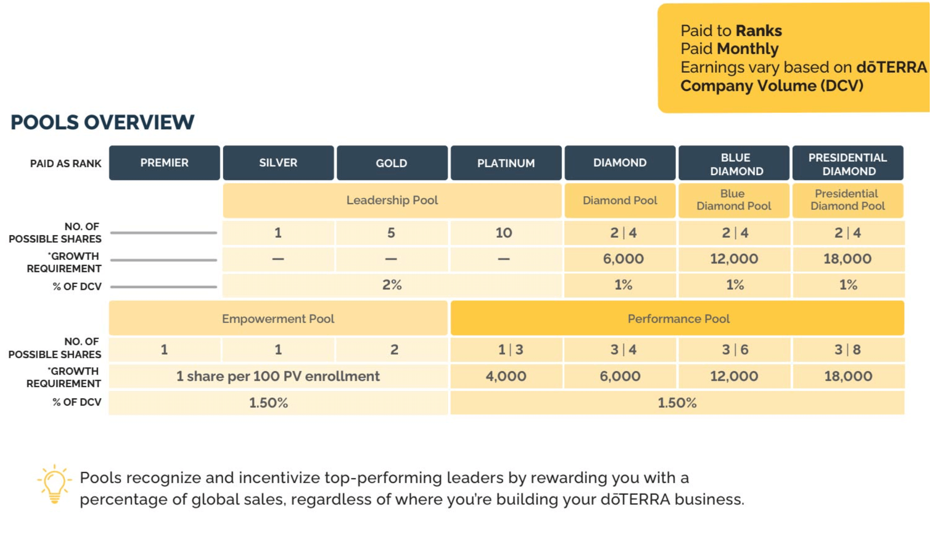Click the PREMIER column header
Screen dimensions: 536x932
pyautogui.click(x=164, y=163)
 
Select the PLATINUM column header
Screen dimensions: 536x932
pyautogui.click(x=506, y=163)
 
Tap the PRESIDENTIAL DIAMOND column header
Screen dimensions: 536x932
pyautogui.click(x=848, y=164)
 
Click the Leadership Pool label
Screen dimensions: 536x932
pyautogui.click(x=392, y=200)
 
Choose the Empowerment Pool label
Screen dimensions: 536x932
pyautogui.click(x=278, y=318)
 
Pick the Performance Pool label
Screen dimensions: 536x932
pyautogui.click(x=678, y=318)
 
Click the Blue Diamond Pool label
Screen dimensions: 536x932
pyautogui.click(x=734, y=200)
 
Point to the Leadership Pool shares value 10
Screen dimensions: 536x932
pyautogui.click(x=504, y=233)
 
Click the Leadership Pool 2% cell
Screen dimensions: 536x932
pyautogui.click(x=392, y=285)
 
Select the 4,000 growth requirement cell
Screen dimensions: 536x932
pyautogui.click(x=506, y=376)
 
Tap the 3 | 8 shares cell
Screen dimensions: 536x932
pyautogui.click(x=848, y=349)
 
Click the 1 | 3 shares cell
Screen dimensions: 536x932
pyautogui.click(x=510, y=349)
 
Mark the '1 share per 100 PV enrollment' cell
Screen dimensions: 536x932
pyautogui.click(x=278, y=376)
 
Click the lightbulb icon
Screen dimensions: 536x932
pyautogui.click(x=54, y=485)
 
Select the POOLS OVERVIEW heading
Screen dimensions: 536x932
pyautogui.click(x=102, y=122)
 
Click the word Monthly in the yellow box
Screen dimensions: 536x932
pyautogui.click(x=747, y=49)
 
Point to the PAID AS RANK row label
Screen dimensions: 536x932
pyautogui.click(x=66, y=163)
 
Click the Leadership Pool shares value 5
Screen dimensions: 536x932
pyautogui.click(x=391, y=233)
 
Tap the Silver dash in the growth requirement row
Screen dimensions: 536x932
pyautogui.click(x=278, y=259)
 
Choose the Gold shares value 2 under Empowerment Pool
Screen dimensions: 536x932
pyautogui.click(x=394, y=349)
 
